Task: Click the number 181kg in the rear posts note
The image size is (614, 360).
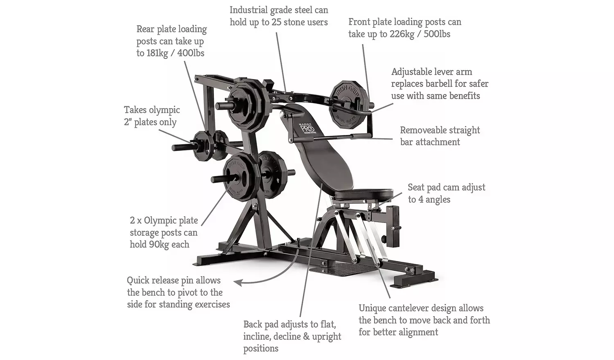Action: (x=157, y=53)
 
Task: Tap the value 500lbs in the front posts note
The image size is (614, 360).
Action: (x=437, y=34)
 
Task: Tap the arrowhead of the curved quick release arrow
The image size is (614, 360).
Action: (x=237, y=282)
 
